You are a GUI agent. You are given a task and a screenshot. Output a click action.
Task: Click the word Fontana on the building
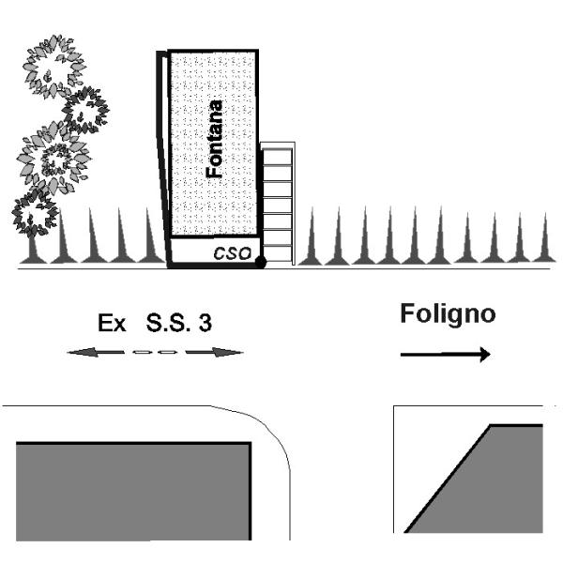(x=215, y=140)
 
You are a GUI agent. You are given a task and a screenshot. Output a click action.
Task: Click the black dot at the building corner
(x=261, y=263)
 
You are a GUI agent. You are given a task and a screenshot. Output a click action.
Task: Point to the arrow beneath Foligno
(x=445, y=355)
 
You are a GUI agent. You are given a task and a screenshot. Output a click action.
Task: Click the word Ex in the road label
(x=112, y=325)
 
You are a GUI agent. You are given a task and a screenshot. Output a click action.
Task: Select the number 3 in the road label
(x=205, y=325)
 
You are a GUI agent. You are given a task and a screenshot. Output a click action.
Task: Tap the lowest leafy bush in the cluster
(x=34, y=212)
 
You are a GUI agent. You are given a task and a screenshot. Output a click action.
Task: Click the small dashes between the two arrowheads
(x=155, y=353)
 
